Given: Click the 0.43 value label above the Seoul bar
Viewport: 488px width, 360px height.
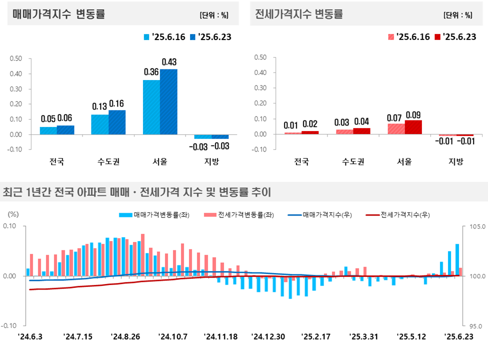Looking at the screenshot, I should [169, 62].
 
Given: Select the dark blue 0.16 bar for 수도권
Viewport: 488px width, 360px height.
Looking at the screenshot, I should [117, 122].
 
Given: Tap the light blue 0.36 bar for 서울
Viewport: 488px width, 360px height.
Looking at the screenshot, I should [151, 107].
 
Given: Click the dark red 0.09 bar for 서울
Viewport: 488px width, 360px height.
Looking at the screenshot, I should [413, 127].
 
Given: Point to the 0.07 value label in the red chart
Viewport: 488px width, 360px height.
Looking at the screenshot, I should [394, 117].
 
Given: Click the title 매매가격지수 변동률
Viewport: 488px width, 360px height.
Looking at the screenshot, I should [59, 13].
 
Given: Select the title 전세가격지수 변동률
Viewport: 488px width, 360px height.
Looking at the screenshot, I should [299, 13].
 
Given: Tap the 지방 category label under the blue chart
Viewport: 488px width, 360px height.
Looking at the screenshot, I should [212, 161].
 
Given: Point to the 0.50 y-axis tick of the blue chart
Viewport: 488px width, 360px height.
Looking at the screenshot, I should [16, 58].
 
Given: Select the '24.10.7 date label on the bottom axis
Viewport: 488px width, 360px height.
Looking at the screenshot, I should [173, 336].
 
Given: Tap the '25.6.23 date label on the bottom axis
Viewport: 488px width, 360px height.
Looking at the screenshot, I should [459, 336].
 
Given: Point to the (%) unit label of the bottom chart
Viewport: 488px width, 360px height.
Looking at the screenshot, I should [13, 214].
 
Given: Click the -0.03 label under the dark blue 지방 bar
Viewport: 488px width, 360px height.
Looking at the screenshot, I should [219, 146].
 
